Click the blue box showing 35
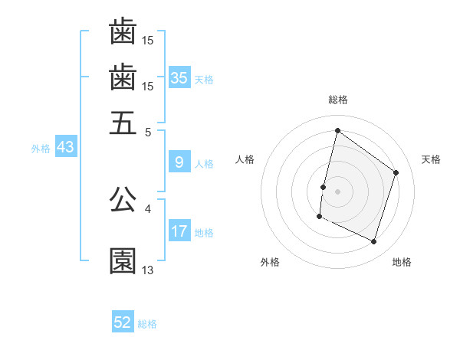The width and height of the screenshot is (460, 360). [179, 77]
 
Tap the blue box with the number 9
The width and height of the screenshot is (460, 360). [179, 162]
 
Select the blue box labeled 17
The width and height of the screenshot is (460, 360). [179, 231]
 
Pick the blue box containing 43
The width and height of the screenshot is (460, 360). [65, 147]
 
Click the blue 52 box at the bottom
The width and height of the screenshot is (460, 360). [123, 322]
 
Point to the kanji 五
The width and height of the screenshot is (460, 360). [123, 123]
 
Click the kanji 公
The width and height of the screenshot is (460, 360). [123, 199]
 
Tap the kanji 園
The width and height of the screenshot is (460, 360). [123, 260]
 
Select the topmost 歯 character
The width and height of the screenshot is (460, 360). [123, 31]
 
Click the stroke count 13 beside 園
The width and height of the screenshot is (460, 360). [148, 270]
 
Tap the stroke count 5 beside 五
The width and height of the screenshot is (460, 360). [148, 131]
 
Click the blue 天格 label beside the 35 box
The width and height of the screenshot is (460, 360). [203, 79]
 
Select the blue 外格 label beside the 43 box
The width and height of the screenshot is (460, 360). [41, 149]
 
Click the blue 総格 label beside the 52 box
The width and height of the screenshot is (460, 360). [147, 324]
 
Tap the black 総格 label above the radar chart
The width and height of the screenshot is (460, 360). [338, 100]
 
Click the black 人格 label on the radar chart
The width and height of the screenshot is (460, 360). [245, 159]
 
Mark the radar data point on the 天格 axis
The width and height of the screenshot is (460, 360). [396, 172]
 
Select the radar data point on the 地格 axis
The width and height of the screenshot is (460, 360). [374, 242]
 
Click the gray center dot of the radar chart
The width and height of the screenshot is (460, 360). [338, 191]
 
